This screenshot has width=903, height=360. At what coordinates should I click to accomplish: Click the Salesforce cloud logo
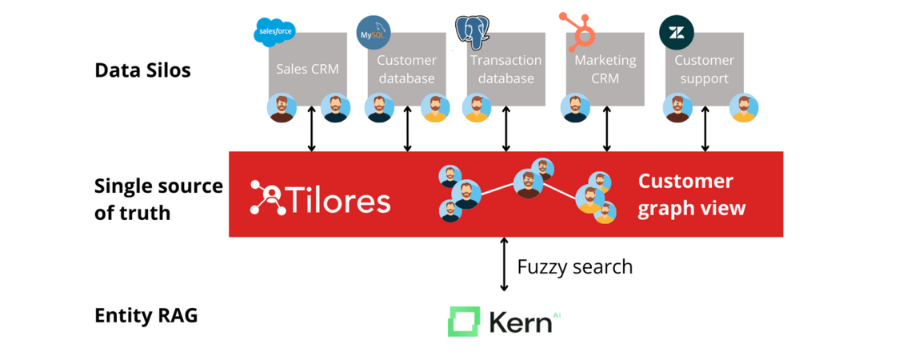pos(274,32)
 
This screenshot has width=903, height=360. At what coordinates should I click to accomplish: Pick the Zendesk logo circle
pos(676,33)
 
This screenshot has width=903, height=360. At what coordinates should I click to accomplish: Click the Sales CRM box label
pos(307,69)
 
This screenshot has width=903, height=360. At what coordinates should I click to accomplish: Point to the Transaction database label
pos(505,69)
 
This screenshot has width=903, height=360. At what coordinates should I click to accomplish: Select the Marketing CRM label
pos(605,69)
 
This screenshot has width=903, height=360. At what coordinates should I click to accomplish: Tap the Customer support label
pos(704,69)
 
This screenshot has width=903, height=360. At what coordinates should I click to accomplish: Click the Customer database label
pos(406,69)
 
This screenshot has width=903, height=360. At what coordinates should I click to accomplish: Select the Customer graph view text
pos(691,194)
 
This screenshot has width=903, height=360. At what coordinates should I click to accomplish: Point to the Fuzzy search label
pos(574,266)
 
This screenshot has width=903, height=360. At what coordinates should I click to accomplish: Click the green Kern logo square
pos(463,322)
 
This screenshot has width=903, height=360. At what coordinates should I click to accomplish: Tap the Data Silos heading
pos(142,70)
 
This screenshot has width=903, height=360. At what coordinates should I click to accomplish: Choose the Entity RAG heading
pos(146,315)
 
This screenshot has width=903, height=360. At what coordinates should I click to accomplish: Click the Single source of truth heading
pos(158,199)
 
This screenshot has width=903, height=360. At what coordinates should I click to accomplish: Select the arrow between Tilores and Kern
pos(504,264)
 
